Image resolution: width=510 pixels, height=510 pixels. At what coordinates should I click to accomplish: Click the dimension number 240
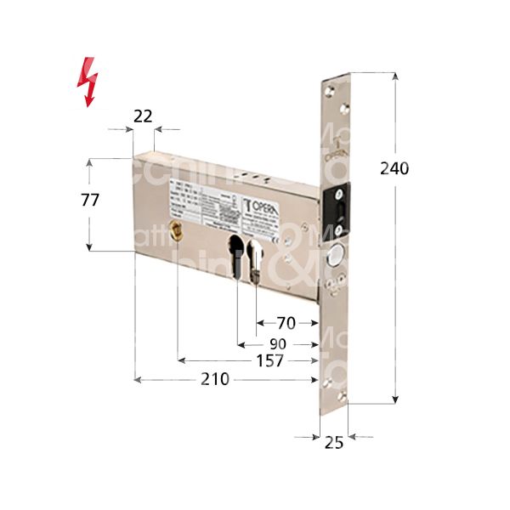click(x=394, y=168)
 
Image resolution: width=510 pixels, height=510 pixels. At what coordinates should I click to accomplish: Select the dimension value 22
click(x=143, y=117)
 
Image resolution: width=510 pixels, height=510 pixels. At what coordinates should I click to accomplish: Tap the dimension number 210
click(x=214, y=379)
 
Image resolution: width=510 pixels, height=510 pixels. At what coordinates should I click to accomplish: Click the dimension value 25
click(x=334, y=442)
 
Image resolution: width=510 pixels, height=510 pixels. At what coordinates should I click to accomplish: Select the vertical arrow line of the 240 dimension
click(x=395, y=255)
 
